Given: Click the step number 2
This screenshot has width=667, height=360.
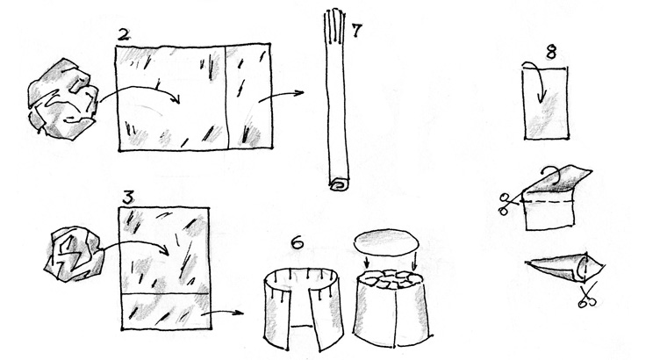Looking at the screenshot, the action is coord(124,34).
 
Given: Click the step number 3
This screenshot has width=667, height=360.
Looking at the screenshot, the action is coord(128,198).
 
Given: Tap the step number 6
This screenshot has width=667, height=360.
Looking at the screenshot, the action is coord(297,242).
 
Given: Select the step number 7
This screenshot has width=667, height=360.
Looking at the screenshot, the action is coord(356,30).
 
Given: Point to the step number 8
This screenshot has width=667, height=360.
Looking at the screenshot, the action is coord(550,53).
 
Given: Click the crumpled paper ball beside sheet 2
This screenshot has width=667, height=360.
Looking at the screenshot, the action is coord(63,99).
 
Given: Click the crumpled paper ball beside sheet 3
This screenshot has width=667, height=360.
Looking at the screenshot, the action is coord(74,254).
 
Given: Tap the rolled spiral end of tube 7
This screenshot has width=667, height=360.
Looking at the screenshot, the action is coord(340,185).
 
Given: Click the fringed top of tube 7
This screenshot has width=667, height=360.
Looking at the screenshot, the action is coord(333,25).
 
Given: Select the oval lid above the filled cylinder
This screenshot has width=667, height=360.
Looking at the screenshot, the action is coord(386,243).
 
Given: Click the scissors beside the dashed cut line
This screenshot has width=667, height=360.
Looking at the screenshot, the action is coord(508,205).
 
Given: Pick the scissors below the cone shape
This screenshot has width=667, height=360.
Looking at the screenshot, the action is coord(586,296).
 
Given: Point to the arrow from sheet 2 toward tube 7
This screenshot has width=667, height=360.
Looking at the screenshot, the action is coord(281,96).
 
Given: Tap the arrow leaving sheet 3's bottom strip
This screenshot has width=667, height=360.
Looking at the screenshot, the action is coord(222,313).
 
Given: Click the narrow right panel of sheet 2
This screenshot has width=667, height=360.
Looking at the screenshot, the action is coord(249,97).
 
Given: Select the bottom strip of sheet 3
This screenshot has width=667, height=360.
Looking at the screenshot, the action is coord(166,312).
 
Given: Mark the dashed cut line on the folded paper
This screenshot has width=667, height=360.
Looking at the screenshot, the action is coord(548,200).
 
